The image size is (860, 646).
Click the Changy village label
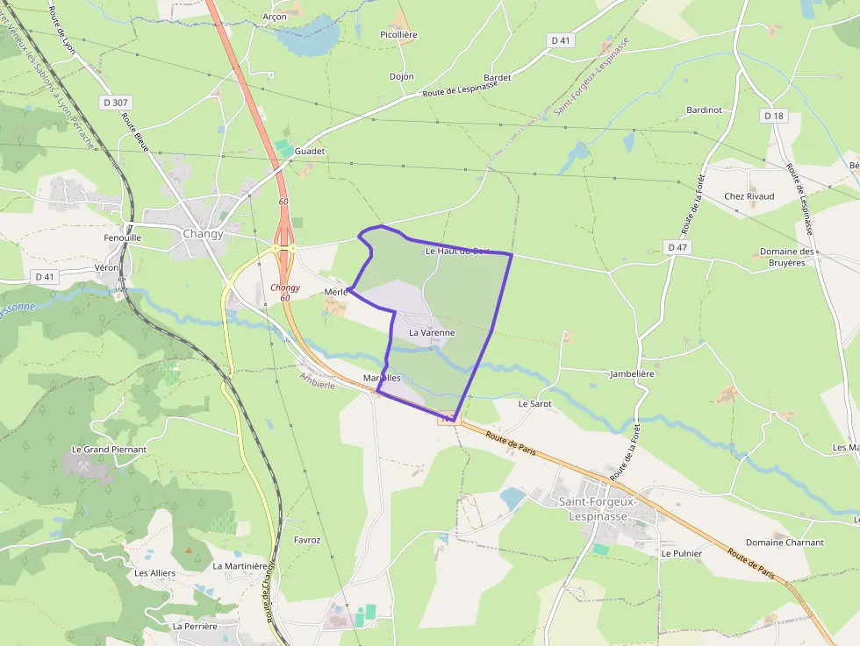coord(203,234)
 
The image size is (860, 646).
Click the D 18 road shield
coord(773,116)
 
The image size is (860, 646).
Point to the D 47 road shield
coord(677,248)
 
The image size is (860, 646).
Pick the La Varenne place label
coord(432,333)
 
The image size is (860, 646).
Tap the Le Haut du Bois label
coord(456,252)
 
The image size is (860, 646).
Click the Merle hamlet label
coord(336,292)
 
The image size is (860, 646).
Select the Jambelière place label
coord(632,374)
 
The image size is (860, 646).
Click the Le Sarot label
coord(534,404)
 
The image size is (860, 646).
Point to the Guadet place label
coord(310,152)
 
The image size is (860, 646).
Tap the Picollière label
coord(398,35)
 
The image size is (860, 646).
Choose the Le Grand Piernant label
coord(109,450)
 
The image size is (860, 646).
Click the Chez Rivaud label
coord(749,196)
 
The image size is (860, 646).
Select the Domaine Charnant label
coord(785,543)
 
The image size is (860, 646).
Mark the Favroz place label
coord(308,540)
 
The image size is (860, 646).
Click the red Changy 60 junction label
coord(285,293)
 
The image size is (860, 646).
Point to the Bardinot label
coord(704,110)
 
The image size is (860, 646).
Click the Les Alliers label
coord(155,573)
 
